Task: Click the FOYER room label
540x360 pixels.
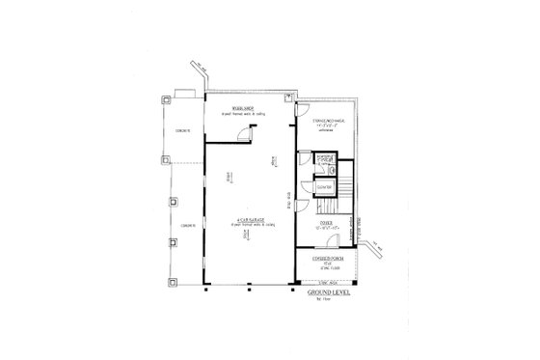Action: [327, 223]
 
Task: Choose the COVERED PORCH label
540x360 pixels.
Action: [326, 260]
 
